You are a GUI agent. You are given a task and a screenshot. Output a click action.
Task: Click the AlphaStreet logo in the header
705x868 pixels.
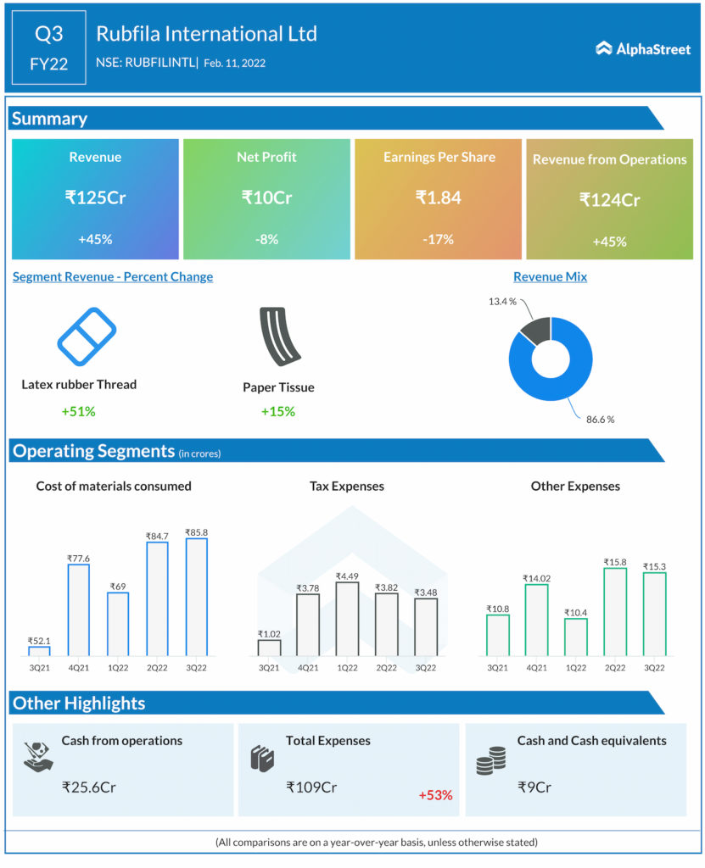coord(643,48)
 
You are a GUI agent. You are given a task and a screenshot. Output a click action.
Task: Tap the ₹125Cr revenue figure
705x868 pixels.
coord(95,198)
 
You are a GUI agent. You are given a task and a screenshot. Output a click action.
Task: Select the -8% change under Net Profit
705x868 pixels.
coord(266,239)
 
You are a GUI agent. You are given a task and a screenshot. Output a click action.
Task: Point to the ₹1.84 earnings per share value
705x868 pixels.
coord(438,198)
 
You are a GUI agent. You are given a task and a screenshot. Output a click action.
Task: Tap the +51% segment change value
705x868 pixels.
coord(78,412)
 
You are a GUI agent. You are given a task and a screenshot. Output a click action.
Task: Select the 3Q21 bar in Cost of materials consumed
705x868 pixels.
coord(39,650)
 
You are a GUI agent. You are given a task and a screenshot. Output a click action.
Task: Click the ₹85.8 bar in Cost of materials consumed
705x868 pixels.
coord(196,597)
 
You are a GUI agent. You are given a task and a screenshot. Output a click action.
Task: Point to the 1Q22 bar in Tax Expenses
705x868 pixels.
coord(347,618)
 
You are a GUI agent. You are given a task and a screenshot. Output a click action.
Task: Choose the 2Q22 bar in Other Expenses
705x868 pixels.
coord(615,611)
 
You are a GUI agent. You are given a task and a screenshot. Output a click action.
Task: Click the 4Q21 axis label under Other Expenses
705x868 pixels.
coord(536,668)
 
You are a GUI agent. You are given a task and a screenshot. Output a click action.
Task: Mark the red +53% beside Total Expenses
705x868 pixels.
coord(435,795)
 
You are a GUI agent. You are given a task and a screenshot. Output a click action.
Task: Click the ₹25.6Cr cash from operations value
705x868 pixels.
coord(89,787)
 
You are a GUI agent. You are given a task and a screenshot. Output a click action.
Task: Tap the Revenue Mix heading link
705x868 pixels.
coord(550,276)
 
